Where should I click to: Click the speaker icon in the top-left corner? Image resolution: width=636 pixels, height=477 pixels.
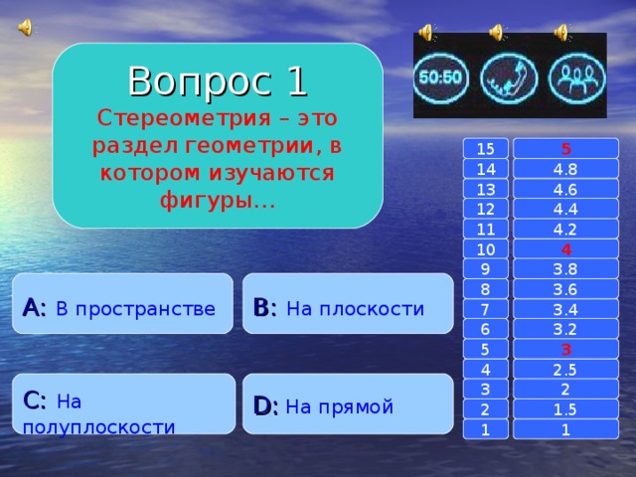pyautogui.click(x=24, y=26)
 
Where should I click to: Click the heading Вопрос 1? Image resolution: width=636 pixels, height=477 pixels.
pyautogui.click(x=217, y=80)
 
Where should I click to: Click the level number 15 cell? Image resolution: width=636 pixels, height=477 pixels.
pyautogui.click(x=486, y=149)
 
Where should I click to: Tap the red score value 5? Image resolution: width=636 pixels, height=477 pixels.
pyautogui.click(x=565, y=149)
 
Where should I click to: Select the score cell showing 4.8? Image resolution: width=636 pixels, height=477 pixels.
pyautogui.click(x=565, y=169)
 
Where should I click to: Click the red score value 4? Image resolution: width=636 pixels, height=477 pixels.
pyautogui.click(x=565, y=248)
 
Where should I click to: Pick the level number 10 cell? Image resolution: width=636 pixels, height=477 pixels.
pyautogui.click(x=486, y=248)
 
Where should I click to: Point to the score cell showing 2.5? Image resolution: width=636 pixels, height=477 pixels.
pyautogui.click(x=565, y=370)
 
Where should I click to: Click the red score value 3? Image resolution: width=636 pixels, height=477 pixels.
pyautogui.click(x=565, y=349)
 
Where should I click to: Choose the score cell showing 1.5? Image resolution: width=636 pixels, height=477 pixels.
pyautogui.click(x=565, y=409)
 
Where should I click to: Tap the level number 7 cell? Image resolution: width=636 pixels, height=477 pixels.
pyautogui.click(x=486, y=309)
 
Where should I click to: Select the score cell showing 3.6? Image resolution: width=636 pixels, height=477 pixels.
pyautogui.click(x=565, y=289)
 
